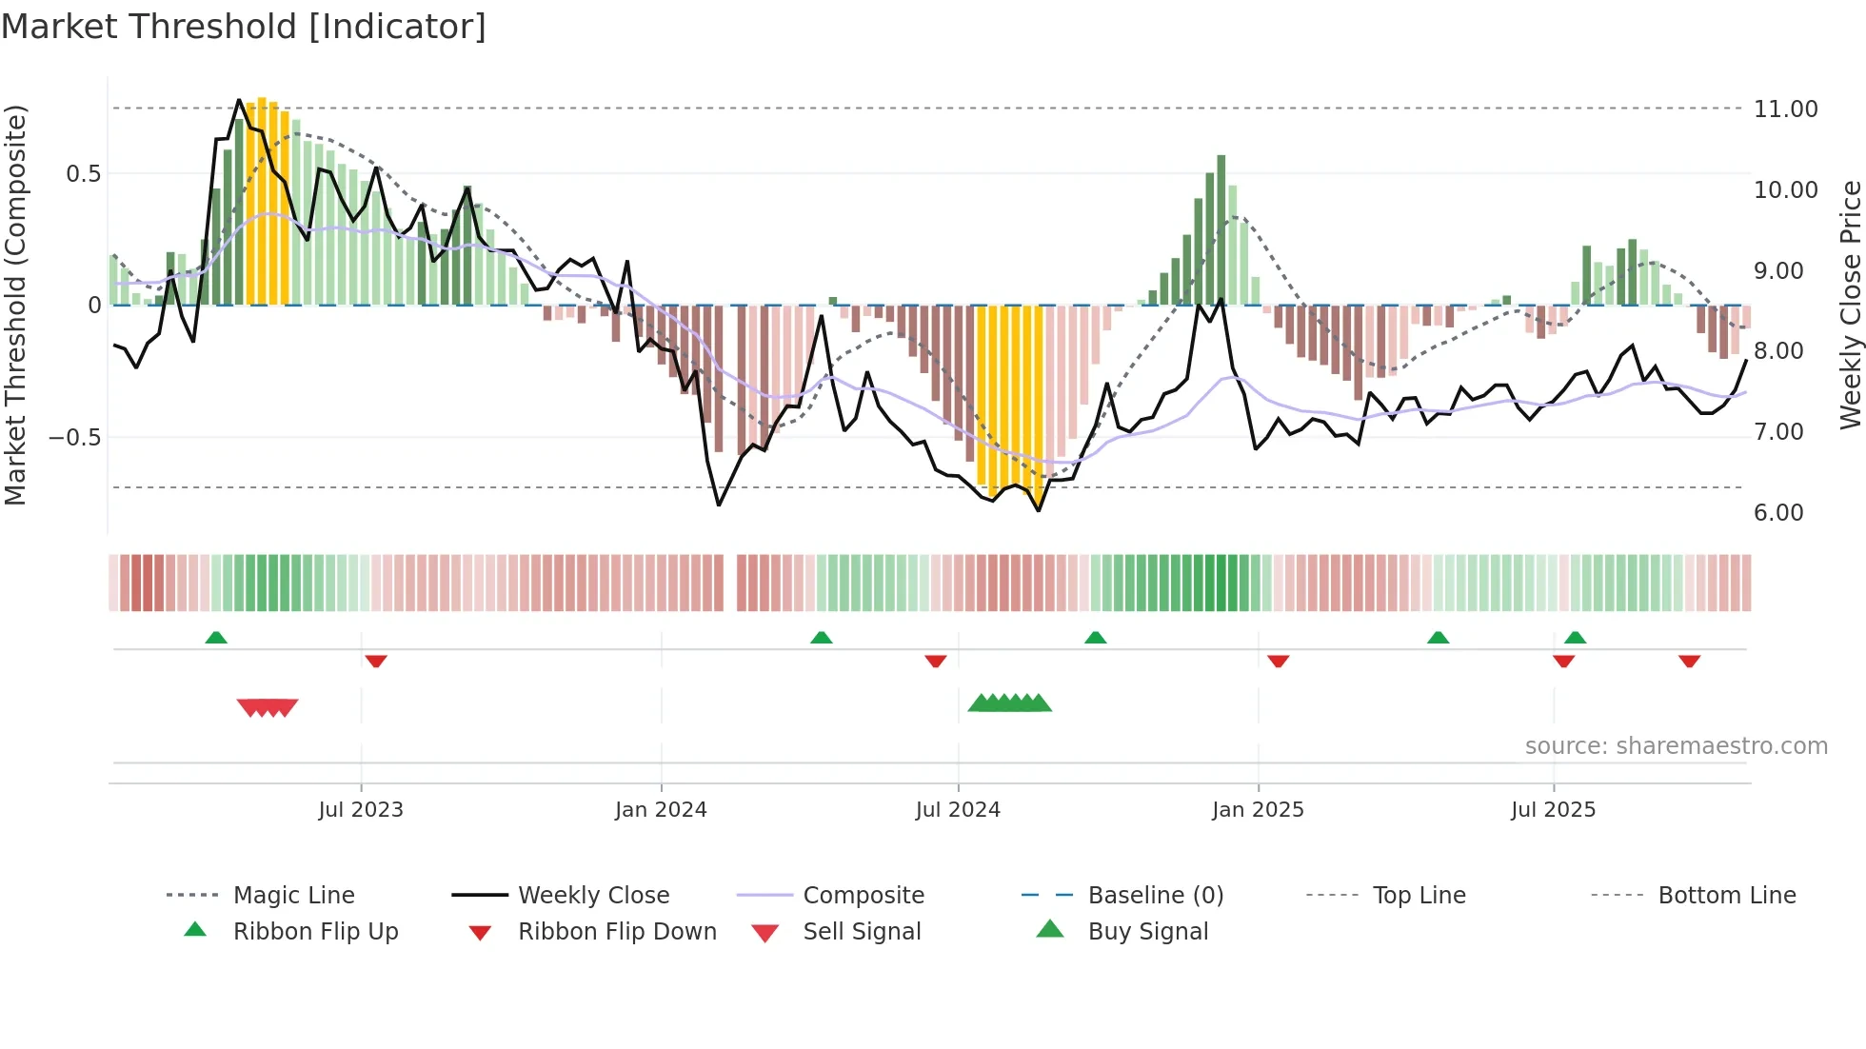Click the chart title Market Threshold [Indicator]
244,27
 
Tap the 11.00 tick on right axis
1785,109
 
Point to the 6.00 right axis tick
1778,513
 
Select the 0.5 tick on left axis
83,174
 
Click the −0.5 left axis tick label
74,438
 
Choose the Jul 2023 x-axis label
361,810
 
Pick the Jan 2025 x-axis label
1258,810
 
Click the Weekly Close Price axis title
1849,305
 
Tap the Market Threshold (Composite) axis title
15,305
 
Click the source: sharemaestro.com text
1676,746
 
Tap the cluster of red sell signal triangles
268,707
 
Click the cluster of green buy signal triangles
1009,703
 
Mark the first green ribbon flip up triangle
216,638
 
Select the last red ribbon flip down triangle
1689,661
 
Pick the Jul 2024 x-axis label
958,810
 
